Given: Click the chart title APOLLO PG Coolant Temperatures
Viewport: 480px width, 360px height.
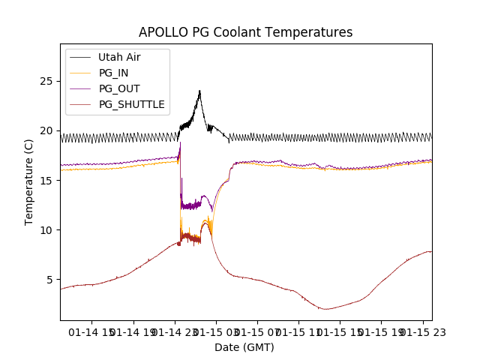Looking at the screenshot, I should pos(245,32).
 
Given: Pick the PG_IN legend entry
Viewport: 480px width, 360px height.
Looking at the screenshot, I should pos(113,73).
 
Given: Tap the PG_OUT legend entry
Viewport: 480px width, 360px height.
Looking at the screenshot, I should pos(119,88).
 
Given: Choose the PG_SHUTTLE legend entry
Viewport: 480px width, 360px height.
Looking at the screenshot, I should pos(131,104).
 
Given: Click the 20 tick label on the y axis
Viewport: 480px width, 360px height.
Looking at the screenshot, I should pos(48,130).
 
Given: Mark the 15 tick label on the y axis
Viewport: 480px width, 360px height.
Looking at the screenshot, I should pos(48,180).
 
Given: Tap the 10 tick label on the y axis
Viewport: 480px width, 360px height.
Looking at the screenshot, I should pos(48,229).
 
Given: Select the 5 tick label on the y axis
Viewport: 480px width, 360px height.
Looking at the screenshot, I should pos(51,279).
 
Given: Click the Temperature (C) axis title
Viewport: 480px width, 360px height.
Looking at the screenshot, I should pos(29,181).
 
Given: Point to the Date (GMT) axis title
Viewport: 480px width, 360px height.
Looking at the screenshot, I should pos(244,347).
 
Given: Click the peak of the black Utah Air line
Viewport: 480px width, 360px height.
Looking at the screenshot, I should pos(199,91).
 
